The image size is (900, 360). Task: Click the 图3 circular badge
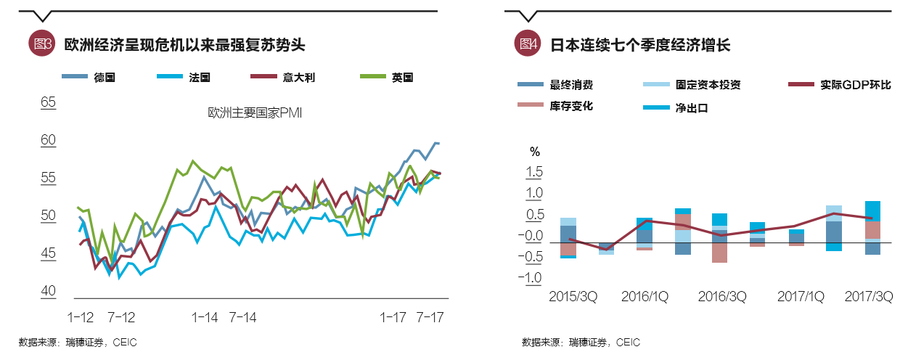(41, 44)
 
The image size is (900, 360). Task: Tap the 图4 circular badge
(527, 44)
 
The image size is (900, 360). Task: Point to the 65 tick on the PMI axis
(48, 102)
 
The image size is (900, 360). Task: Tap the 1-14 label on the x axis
(205, 317)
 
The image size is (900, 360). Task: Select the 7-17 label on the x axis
(429, 317)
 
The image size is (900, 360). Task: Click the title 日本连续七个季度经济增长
(639, 44)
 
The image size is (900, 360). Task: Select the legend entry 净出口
(691, 108)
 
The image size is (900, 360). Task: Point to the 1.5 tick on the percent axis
(534, 172)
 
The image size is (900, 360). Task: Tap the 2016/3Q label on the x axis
(721, 297)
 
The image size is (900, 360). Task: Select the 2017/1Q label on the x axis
(801, 297)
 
